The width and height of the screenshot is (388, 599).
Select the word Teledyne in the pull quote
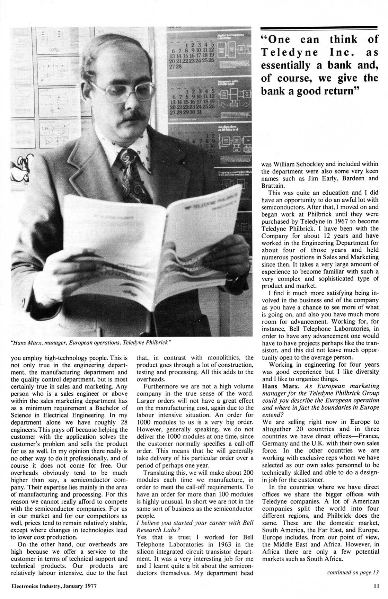pyautogui.click(x=289, y=52)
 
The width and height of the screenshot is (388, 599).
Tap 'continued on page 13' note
pyautogui.click(x=353, y=572)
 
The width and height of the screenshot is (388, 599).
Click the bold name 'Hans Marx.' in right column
pyautogui.click(x=279, y=386)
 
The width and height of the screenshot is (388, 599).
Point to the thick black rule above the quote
pyautogui.click(x=319, y=28)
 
